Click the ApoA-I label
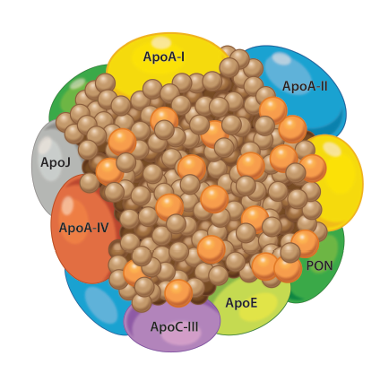pyautogui.click(x=163, y=56)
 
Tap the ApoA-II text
pyautogui.click(x=305, y=86)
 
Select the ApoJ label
pyautogui.click(x=56, y=162)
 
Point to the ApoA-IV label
pyautogui.click(x=83, y=228)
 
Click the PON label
pyautogui.click(x=319, y=265)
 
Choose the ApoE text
pyautogui.click(x=241, y=303)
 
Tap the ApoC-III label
pyautogui.click(x=174, y=326)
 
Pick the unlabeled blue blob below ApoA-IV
pyautogui.click(x=96, y=302)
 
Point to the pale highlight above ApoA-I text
pyautogui.click(x=163, y=43)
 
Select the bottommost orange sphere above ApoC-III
pyautogui.click(x=178, y=293)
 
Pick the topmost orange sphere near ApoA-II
pyautogui.click(x=273, y=110)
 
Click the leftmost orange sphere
pyautogui.click(x=108, y=171)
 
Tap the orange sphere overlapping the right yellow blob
pyautogui.click(x=313, y=168)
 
